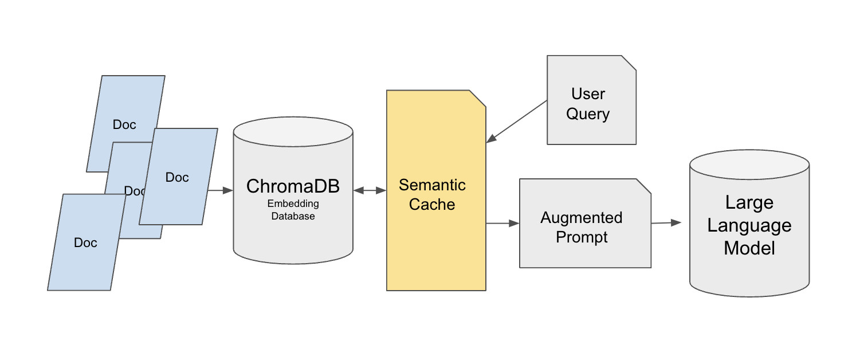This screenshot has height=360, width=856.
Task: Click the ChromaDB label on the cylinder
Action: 293,186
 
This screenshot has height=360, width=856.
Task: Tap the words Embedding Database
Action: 293,210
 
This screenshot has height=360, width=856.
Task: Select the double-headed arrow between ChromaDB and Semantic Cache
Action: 370,190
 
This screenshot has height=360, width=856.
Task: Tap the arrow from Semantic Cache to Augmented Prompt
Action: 502,224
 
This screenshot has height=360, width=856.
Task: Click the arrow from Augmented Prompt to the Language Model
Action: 666,222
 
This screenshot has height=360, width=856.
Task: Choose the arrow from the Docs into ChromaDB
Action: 220,190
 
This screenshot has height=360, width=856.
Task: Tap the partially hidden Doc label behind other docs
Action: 132,191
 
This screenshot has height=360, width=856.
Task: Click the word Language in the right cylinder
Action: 749,225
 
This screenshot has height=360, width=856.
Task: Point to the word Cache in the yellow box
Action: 431,205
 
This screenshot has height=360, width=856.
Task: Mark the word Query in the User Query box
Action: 588,114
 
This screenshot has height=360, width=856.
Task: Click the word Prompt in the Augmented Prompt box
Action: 581,237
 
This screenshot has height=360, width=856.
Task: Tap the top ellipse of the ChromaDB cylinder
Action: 293,132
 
